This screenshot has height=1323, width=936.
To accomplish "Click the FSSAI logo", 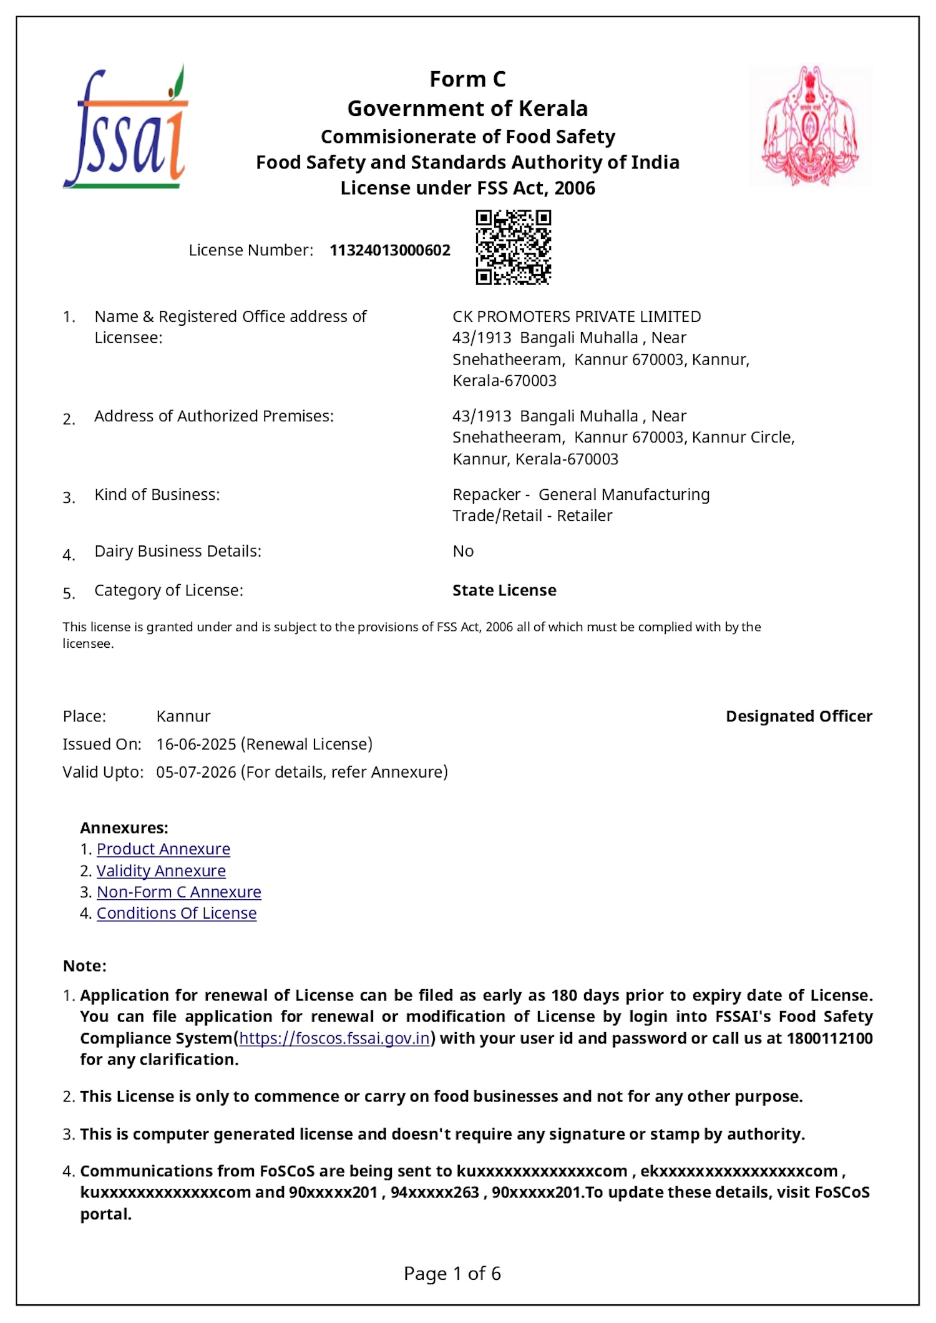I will pos(125,128).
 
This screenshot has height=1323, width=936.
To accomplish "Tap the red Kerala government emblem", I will pos(810,126).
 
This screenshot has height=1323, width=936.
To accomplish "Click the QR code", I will pos(513,248).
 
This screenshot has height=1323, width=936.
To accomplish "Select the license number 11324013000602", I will pos(390,250).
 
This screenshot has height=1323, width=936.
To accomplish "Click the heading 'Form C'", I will pos(467,79).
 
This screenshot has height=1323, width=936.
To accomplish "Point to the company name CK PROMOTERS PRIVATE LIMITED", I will pos(577,316).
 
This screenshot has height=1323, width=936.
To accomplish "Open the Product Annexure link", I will pos(163,849).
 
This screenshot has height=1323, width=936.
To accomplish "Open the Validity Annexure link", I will pos(161,871).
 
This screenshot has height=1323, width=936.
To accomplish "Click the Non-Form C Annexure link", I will pos(178,892).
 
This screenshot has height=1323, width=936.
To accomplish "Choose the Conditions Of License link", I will pos(177,913).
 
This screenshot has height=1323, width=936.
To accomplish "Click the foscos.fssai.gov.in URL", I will pos(334,1038).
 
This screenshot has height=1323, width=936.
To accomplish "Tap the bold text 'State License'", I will pos(504,590).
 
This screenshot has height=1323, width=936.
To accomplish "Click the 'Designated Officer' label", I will pos(799,716).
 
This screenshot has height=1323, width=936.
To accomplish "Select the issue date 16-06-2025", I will pos(196,744).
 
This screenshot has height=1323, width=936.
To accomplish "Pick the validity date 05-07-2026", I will pos(196,772).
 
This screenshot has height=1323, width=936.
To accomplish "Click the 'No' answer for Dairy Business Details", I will pos(463,551).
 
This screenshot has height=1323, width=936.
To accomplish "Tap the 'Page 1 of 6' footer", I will pos(452,1273).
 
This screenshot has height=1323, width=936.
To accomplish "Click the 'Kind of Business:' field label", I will pos(157,494).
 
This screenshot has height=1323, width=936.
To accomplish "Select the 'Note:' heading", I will pos(85,965).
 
